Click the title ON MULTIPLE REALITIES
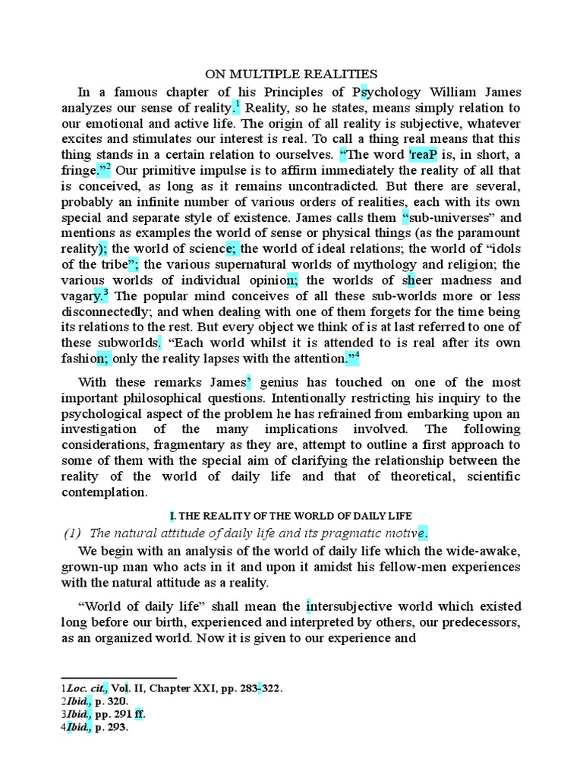(x=292, y=74)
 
